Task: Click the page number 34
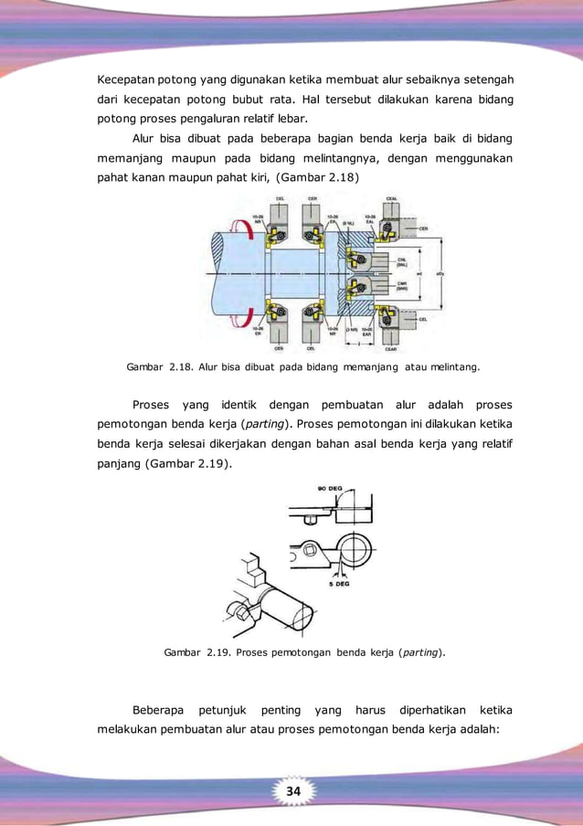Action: [x=291, y=789]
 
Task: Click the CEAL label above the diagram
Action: [x=391, y=198]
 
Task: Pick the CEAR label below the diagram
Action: [x=390, y=349]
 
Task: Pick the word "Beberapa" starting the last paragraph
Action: [x=163, y=710]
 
